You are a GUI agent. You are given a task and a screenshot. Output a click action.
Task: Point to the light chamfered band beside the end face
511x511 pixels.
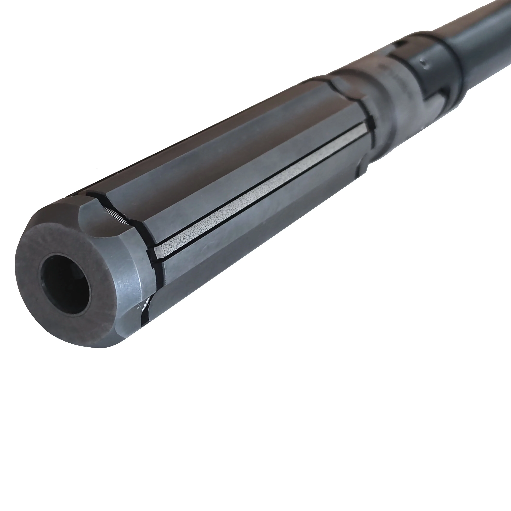point(127,286)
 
